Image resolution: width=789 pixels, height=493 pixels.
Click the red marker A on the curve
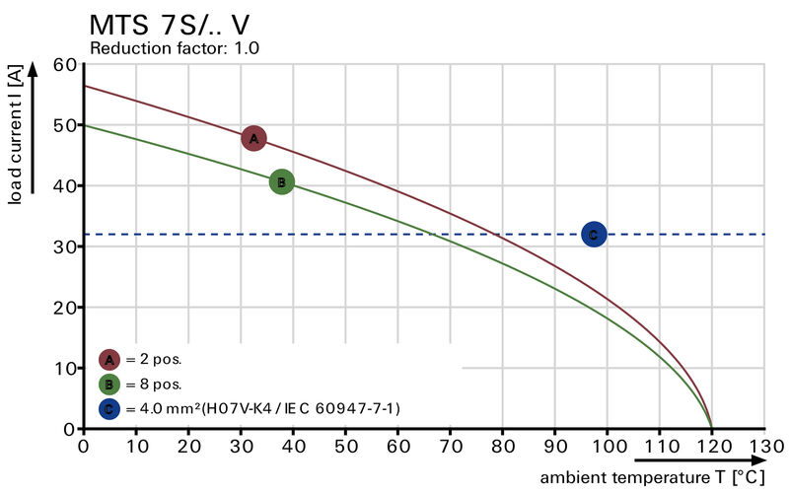[253, 139]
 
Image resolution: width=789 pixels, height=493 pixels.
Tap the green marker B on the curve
[281, 181]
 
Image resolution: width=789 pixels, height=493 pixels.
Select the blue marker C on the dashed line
[593, 234]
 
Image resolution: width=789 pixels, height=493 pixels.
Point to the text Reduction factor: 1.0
[175, 47]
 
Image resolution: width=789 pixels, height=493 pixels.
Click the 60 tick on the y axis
[64, 65]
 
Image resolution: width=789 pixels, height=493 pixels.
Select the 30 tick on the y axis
[64, 246]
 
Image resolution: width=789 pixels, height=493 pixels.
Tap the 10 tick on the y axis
[64, 368]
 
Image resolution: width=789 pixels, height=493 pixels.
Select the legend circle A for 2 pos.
[109, 359]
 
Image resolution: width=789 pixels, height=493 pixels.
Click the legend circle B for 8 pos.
[109, 384]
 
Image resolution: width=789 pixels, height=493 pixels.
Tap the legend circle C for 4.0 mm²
[109, 407]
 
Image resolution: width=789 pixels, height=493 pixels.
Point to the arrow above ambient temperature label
[698, 459]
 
